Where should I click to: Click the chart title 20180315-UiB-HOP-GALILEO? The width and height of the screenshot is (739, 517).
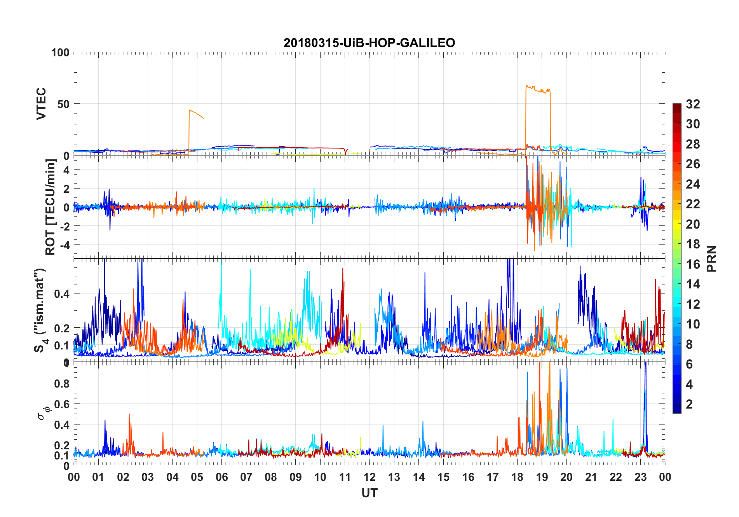(369, 43)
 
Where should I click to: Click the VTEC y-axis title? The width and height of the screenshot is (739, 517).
(41, 104)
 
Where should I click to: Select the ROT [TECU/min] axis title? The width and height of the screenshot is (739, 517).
(51, 207)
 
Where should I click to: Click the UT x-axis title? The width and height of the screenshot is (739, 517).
(369, 493)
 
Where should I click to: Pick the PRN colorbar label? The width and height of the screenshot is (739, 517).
(711, 258)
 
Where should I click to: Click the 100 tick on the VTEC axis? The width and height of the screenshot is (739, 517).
(60, 52)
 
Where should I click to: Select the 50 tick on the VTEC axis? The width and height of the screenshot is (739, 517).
(64, 104)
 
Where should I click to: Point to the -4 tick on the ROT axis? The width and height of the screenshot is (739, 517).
(64, 245)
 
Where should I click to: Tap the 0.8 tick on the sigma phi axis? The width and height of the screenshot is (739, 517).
(62, 383)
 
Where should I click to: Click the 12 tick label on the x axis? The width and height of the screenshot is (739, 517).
(369, 477)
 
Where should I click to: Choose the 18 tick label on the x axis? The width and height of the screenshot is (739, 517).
(517, 477)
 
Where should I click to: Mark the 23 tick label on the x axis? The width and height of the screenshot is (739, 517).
(640, 477)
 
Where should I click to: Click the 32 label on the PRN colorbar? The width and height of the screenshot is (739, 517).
(693, 104)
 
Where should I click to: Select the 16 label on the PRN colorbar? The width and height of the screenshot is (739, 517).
(693, 264)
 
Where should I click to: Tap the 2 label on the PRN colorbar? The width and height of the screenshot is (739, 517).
(689, 404)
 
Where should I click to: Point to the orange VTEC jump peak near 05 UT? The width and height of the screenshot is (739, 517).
(190, 111)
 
